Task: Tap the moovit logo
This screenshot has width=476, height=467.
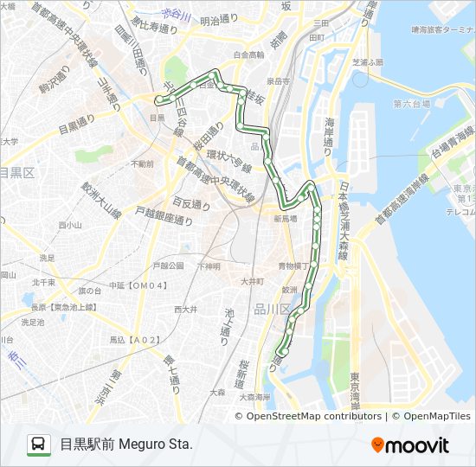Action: point(410,445)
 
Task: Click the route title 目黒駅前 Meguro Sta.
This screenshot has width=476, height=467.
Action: point(126,445)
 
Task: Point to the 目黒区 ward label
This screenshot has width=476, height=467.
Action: point(16,173)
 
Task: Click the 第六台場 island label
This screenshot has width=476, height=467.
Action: point(411,104)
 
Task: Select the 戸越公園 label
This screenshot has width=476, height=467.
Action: point(168,265)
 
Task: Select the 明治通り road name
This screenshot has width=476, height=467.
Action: point(218,19)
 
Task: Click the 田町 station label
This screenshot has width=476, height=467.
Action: point(317,38)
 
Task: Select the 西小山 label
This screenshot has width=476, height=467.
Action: point(69,225)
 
